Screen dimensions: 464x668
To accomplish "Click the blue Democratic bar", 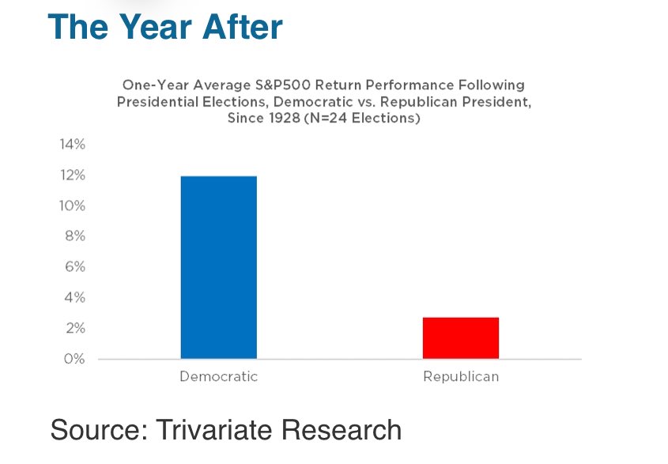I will (218, 267).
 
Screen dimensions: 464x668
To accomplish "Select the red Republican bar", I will (460, 338).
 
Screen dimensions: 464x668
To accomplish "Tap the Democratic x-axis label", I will (218, 377).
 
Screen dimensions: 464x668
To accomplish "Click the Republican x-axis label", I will (461, 377).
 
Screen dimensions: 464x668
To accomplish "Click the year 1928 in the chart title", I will (279, 119).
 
